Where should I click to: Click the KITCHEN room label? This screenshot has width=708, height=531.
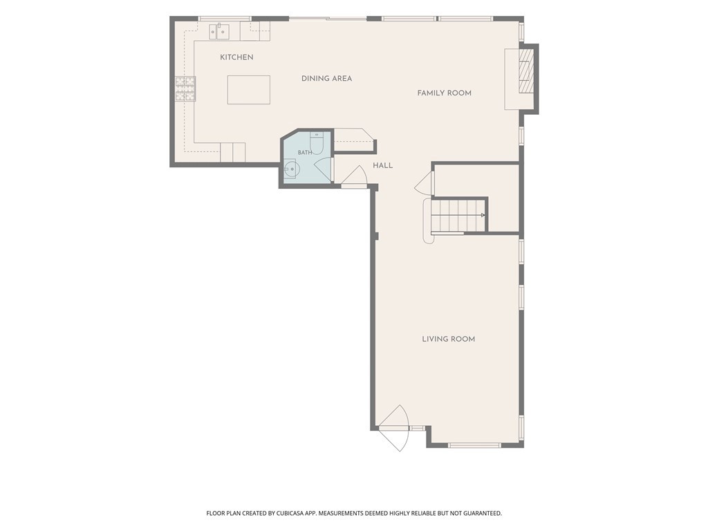coord(236,57)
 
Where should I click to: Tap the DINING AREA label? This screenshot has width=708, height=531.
coord(326,79)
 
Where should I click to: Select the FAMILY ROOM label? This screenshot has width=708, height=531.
coord(445,93)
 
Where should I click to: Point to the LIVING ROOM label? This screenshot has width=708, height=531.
coord(448,339)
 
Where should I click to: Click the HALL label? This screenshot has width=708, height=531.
coord(382,166)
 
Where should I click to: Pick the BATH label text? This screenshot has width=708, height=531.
coord(305,153)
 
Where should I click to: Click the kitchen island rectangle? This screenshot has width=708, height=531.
coord(249,90)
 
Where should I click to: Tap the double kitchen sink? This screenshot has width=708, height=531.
coord(219,31)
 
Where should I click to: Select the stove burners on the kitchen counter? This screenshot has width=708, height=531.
coord(185,88)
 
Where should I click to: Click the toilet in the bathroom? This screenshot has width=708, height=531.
coord(317,142)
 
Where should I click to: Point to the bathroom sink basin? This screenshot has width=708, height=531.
coord(291,170)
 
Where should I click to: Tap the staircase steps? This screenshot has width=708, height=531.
coord(458,216)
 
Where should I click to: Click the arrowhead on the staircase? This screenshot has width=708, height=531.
coord(483,216)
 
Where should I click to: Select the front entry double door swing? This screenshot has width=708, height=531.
coord(393,428)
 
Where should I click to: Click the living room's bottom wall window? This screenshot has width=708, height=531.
coord(474,445)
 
